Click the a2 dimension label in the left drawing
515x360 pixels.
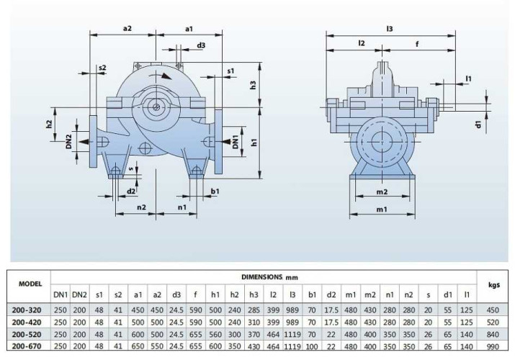pos(127,28)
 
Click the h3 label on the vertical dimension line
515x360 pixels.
pos(254,85)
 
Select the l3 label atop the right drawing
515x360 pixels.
pos(389,28)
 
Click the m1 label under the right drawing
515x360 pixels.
pos(382,210)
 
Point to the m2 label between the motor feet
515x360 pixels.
pos(382,192)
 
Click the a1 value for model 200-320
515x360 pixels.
pos(138,309)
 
